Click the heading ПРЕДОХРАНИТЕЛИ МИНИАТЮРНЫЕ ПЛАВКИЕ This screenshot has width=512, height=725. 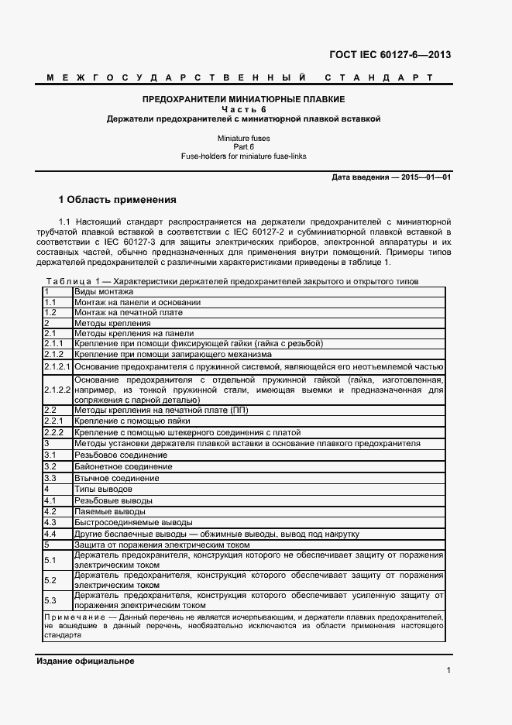(x=244, y=100)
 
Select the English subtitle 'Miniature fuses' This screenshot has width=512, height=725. (x=244, y=138)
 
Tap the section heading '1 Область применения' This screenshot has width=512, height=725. (x=118, y=199)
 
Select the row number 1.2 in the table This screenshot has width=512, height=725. (x=50, y=312)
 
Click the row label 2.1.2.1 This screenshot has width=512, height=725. (x=57, y=366)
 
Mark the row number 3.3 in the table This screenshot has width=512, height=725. (x=50, y=479)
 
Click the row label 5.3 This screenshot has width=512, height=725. (x=50, y=600)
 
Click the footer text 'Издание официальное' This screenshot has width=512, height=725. (x=85, y=661)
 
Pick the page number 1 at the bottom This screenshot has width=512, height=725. (x=448, y=671)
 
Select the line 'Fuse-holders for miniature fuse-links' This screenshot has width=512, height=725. (x=244, y=156)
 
